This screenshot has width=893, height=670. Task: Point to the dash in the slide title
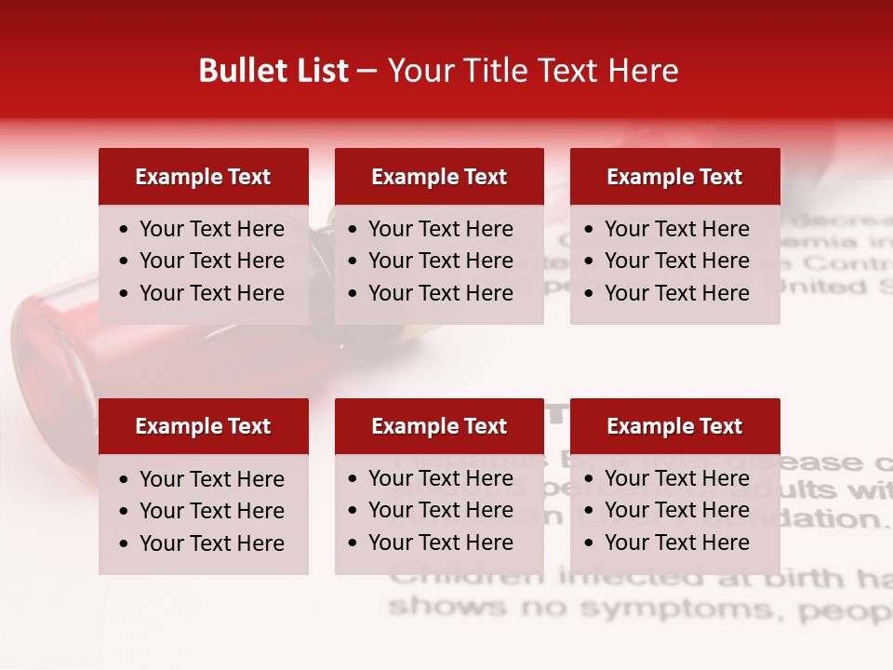(367, 72)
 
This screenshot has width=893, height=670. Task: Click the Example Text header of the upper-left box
(203, 177)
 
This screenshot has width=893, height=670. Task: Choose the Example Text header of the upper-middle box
(439, 177)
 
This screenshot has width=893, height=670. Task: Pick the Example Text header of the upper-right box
(674, 177)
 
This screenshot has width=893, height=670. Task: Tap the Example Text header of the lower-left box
(203, 426)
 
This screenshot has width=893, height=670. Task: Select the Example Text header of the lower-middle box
(439, 426)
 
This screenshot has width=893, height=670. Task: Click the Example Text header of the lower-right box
(674, 426)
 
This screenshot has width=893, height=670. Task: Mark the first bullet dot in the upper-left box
(125, 230)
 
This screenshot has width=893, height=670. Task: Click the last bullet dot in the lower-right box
(590, 543)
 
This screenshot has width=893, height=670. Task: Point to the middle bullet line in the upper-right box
(676, 261)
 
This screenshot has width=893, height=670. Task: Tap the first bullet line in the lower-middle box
(440, 478)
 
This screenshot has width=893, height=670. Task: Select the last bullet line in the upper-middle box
(440, 293)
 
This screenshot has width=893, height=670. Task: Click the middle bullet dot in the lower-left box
(125, 512)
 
